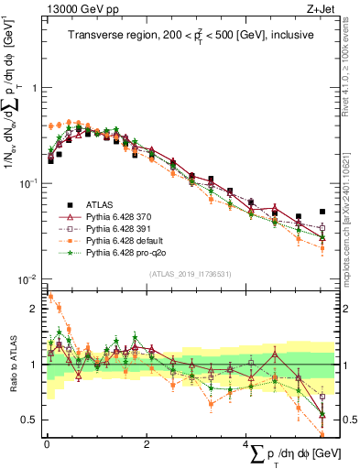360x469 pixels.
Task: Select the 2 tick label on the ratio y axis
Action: click(x=35, y=309)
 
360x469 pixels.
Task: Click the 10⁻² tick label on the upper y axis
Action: click(x=27, y=278)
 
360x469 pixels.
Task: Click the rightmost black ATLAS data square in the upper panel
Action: click(x=322, y=212)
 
